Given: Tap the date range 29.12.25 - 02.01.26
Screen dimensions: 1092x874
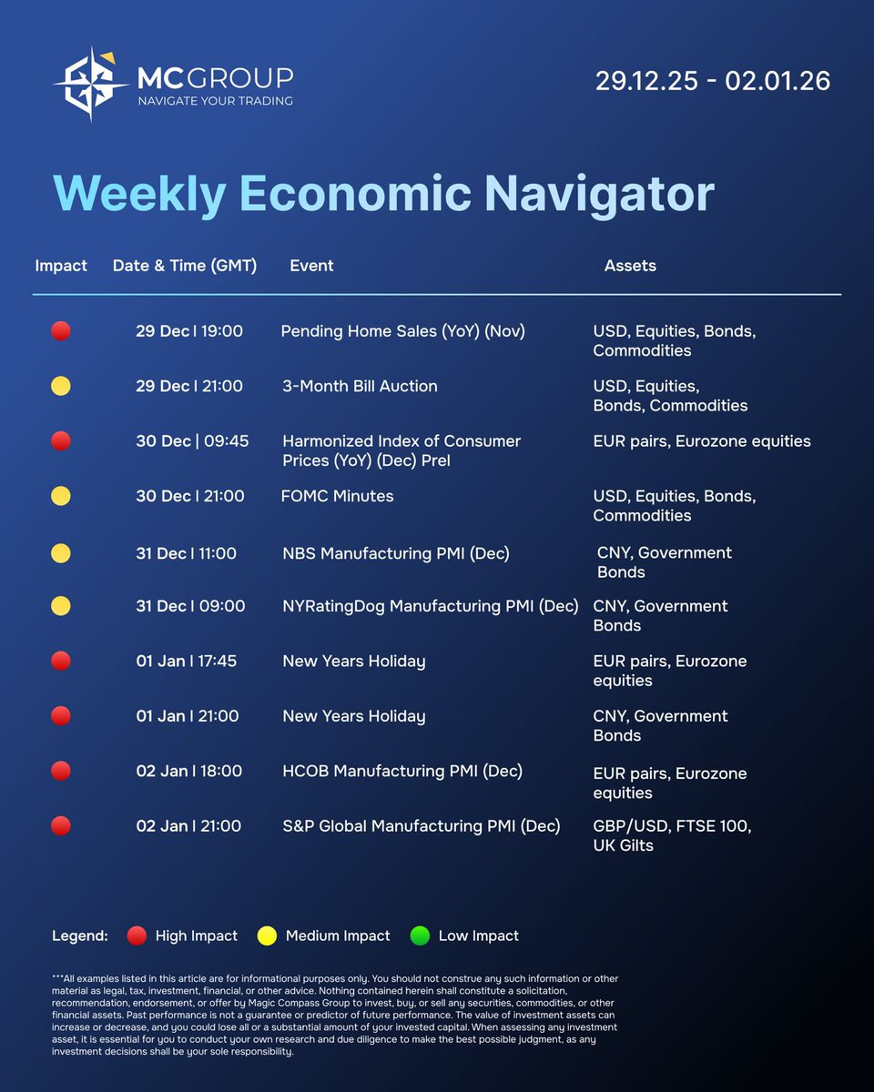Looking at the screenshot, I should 713,81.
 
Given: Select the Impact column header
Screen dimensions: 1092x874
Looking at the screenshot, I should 61,266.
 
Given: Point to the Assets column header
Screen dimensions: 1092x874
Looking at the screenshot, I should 630,266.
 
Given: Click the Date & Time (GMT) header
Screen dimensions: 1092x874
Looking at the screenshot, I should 185,266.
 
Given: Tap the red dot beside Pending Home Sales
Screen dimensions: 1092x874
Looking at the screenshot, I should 61,331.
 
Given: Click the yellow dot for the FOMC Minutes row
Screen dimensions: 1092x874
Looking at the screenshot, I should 61,496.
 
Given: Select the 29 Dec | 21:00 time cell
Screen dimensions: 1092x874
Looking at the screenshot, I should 189,386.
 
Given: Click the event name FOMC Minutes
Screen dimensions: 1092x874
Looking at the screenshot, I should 338,496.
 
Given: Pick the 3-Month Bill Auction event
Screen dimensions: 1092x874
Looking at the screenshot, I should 360,386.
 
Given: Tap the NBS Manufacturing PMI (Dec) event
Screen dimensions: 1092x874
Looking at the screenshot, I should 396,552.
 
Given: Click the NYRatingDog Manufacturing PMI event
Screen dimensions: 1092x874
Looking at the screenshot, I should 430,606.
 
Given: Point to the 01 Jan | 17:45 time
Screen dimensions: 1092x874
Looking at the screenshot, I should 187,661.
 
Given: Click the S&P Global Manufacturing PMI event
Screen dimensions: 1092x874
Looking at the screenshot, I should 421,826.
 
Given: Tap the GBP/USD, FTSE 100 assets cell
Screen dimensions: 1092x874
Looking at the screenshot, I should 672,835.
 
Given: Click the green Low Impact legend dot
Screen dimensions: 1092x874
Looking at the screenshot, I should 420,935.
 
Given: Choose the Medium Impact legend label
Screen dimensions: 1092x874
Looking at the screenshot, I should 338,935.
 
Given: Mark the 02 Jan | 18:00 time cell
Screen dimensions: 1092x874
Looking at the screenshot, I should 189,771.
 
